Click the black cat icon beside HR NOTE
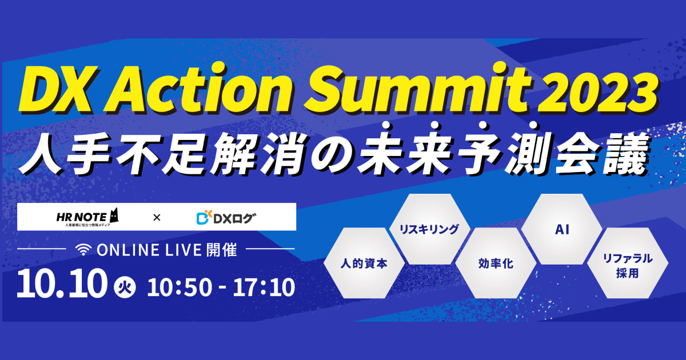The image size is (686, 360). click(114, 215)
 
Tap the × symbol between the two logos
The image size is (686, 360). click(157, 218)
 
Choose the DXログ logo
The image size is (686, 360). click(226, 218)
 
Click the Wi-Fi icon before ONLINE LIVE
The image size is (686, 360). click(83, 250)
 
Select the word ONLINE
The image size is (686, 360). click(128, 250)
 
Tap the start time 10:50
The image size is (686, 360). click(180, 287)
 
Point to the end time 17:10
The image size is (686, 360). click(264, 287)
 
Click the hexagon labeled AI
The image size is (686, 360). click(561, 229)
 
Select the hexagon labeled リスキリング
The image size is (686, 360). click(429, 229)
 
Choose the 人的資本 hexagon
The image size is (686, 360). click(364, 263)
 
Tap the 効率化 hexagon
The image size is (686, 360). click(496, 263)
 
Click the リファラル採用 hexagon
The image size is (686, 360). click(628, 263)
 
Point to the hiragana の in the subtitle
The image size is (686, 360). click(331, 154)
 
